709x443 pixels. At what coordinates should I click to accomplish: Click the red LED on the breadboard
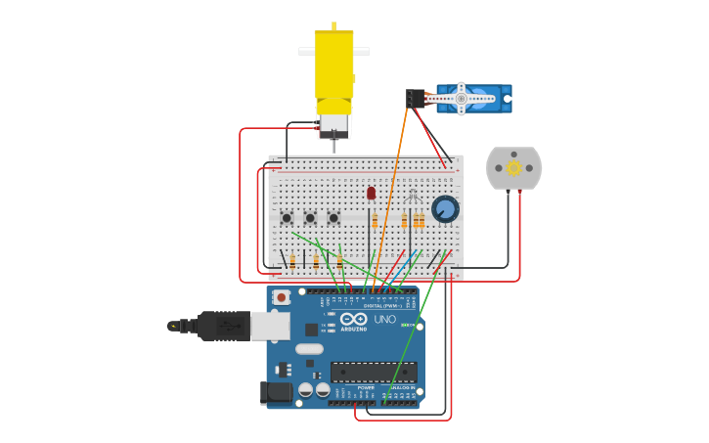click(x=372, y=194)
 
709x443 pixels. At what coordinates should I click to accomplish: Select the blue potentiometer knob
click(x=445, y=208)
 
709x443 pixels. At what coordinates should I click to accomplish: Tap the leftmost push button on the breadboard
click(x=287, y=218)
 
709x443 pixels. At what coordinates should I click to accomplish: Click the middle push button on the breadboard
click(x=310, y=218)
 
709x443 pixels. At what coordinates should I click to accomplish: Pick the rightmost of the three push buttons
click(x=333, y=218)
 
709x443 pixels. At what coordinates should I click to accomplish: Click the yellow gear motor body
click(x=333, y=68)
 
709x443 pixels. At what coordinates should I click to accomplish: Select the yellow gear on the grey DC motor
click(x=513, y=168)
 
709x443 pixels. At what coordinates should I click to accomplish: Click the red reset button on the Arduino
click(x=282, y=297)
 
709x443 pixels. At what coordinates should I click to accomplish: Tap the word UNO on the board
click(x=384, y=320)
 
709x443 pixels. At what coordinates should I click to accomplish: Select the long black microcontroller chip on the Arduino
click(x=374, y=371)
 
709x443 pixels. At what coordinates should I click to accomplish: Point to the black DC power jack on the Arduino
click(x=278, y=392)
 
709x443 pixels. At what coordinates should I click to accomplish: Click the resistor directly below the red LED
click(x=375, y=221)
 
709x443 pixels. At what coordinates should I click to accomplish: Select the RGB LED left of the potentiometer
click(x=413, y=196)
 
